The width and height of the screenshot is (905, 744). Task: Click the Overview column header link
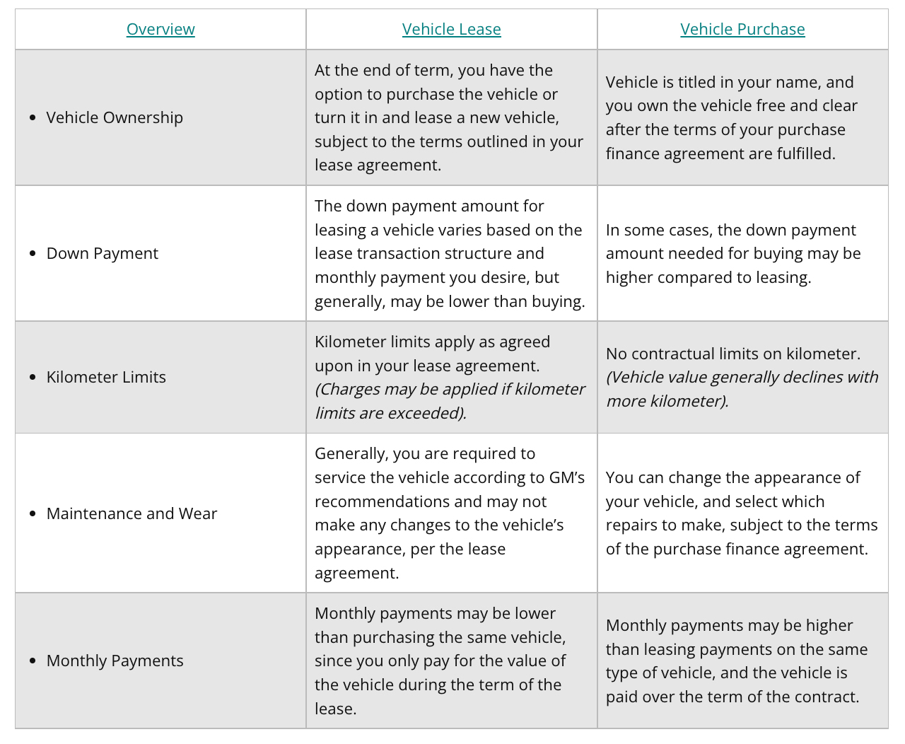point(160,29)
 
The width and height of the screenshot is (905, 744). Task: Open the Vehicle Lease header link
point(451,29)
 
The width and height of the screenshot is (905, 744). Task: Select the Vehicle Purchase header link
point(742,29)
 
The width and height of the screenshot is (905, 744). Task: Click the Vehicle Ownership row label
point(115,117)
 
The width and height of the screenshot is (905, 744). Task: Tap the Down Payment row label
point(103,253)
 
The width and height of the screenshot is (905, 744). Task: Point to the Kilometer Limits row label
point(106,377)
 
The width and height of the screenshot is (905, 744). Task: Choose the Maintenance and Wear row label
point(132,513)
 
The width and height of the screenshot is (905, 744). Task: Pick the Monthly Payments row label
point(115,661)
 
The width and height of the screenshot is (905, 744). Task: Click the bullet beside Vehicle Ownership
point(33,117)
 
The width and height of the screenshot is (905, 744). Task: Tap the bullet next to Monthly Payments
point(33,661)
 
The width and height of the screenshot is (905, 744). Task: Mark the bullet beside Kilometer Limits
point(33,377)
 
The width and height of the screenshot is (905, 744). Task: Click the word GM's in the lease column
point(567,477)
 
